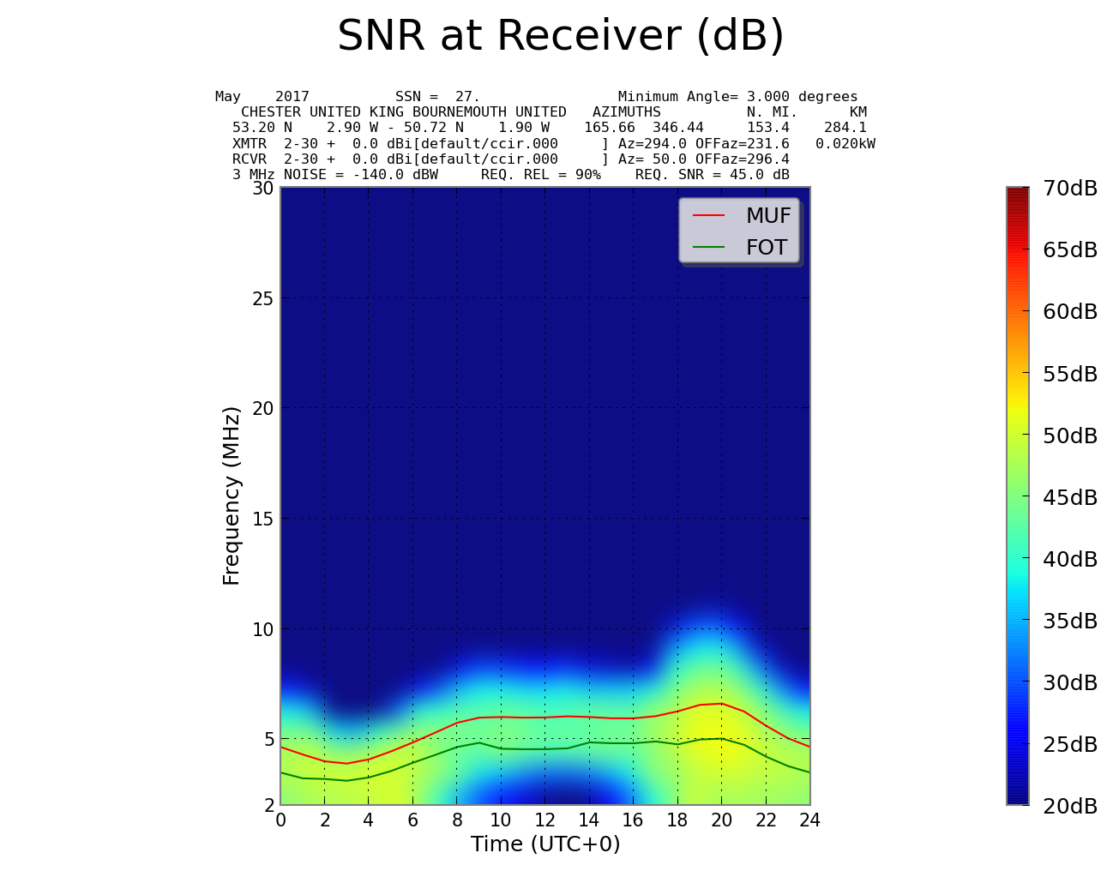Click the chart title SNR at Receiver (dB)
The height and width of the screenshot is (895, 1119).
tap(561, 36)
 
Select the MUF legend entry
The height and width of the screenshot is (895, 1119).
tap(767, 216)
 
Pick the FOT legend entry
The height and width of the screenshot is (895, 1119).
tap(766, 248)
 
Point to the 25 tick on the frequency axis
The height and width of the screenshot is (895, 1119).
tap(262, 298)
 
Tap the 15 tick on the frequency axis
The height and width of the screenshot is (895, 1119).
tap(262, 519)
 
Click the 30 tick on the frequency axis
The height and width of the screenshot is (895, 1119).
tap(262, 188)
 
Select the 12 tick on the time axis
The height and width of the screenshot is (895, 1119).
tap(544, 820)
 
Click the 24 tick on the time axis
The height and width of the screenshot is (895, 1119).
tap(809, 820)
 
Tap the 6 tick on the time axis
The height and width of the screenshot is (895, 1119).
tap(412, 820)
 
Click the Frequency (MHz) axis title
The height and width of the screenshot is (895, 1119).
tap(232, 496)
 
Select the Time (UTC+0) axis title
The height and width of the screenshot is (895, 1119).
tap(545, 844)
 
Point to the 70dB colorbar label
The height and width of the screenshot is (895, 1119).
tap(1070, 189)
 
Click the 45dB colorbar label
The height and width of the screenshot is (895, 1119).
tap(1070, 498)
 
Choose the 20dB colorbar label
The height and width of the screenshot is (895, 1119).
tap(1070, 807)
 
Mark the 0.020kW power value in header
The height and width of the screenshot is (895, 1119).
tap(845, 144)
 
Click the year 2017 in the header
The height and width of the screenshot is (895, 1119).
tap(292, 97)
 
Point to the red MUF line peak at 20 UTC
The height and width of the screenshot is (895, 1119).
tap(721, 703)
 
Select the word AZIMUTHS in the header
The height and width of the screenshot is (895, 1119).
tap(627, 112)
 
